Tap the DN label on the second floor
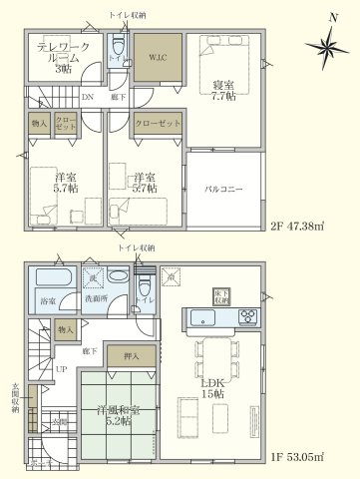tap(87, 97)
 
